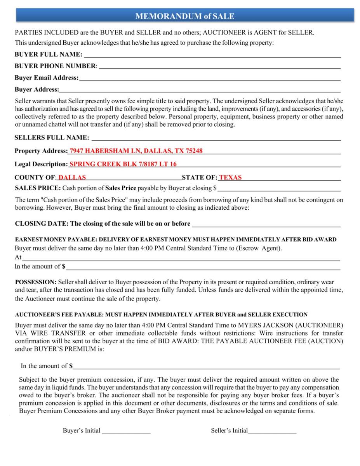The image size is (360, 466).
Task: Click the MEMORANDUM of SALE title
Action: [x=184, y=16]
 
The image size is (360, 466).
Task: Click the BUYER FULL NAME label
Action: [x=49, y=54]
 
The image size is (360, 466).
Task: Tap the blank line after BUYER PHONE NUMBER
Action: [x=219, y=66]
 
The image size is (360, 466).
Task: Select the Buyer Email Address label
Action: [x=46, y=78]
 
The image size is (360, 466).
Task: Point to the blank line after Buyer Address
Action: [x=200, y=90]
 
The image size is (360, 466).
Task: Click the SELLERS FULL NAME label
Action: [x=52, y=137]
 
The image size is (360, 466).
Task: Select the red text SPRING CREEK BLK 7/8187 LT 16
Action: [x=123, y=164]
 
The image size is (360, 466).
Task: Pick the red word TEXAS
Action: [x=230, y=177]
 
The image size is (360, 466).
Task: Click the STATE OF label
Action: [x=199, y=177]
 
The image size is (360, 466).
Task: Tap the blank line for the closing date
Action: [x=266, y=224]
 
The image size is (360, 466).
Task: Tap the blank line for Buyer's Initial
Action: [x=126, y=431]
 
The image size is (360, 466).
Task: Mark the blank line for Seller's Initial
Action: [x=272, y=431]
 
